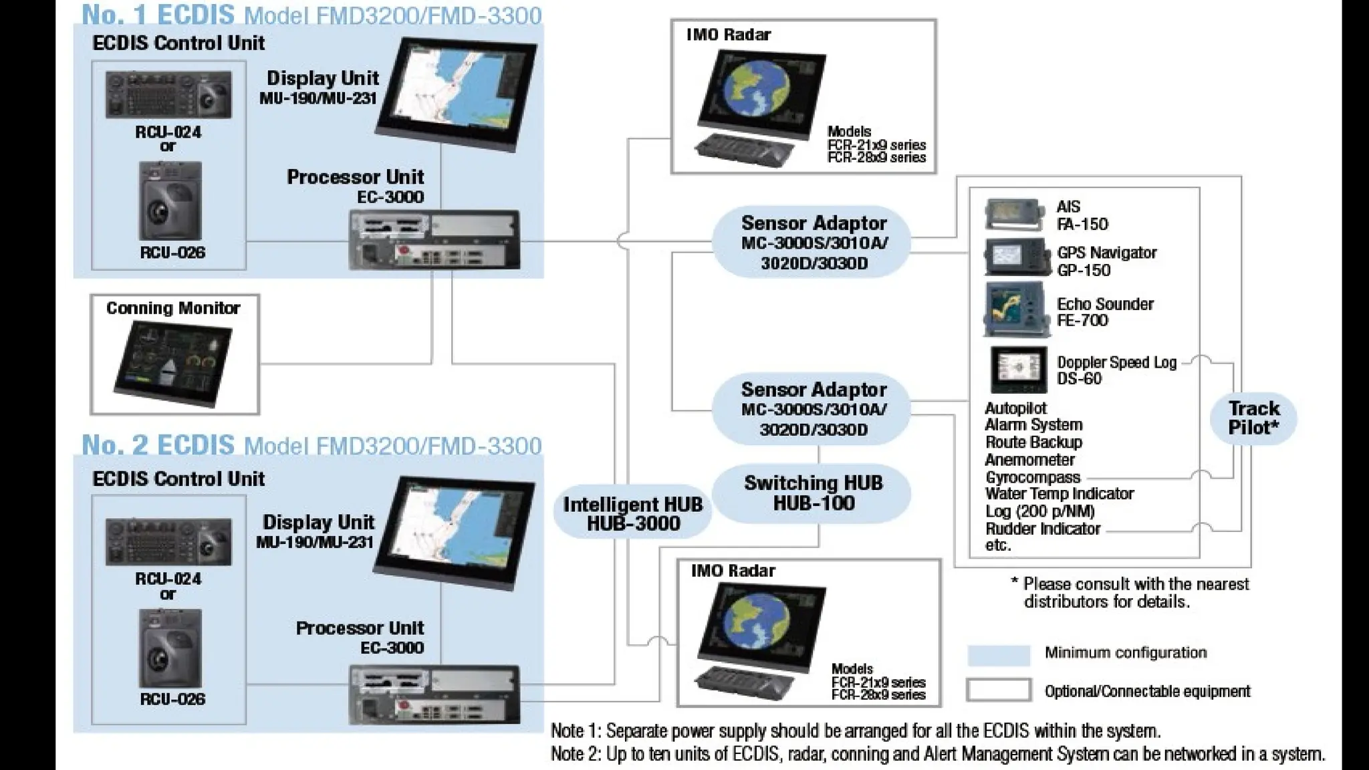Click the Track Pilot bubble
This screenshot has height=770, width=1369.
pos(1253,418)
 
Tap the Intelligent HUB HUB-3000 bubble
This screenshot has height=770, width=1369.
pos(632,513)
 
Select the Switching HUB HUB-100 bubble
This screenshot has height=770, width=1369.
pos(813,493)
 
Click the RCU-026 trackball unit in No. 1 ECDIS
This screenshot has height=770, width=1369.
pos(170,201)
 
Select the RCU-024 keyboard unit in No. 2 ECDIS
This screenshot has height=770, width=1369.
pos(168,541)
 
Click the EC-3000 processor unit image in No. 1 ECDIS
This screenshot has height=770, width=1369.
pos(434,240)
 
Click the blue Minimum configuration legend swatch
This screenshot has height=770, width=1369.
pos(999,654)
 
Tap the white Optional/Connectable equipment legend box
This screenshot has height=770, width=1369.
pos(999,690)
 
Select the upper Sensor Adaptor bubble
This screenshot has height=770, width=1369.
pos(813,242)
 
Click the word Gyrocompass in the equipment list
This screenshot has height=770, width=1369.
pos(1032,477)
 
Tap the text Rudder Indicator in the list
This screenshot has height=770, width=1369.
pos(1042,529)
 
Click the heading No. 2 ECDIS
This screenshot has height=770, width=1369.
pos(158,445)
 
